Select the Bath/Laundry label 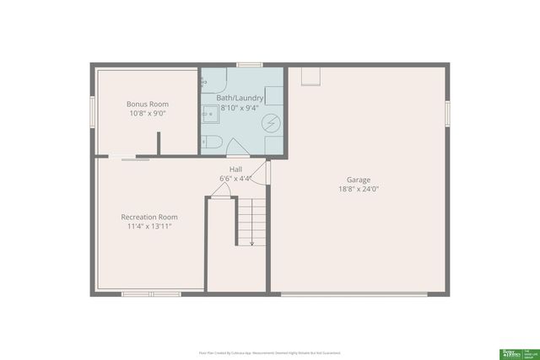pos(240,99)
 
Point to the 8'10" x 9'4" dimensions pos(240,108)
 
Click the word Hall pos(236,169)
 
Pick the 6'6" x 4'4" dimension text pos(236,179)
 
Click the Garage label pos(359,180)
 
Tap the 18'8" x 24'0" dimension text pos(359,189)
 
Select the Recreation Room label pos(149,217)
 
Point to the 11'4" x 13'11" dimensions pos(149,226)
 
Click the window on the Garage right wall pos(447,112)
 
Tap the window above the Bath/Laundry pos(250,64)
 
